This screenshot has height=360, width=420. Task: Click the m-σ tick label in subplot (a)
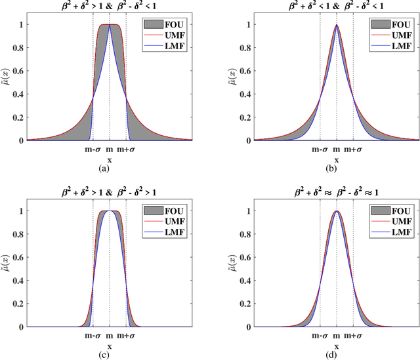point(93,149)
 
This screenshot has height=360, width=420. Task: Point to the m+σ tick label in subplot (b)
point(354,149)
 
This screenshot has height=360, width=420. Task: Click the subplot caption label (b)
point(337,169)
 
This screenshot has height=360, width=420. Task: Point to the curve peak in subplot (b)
point(337,26)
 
